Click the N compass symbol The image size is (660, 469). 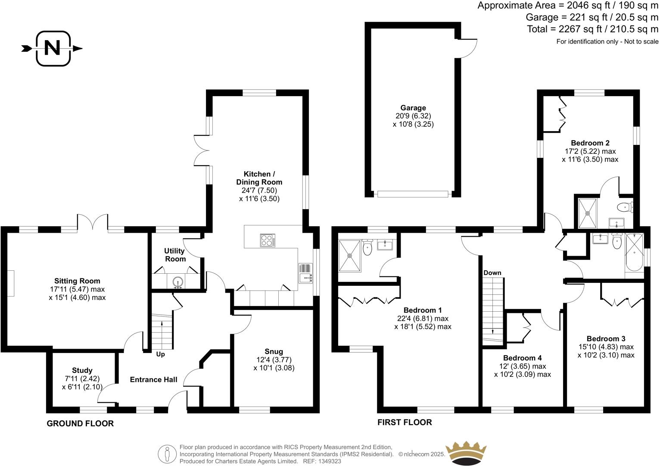click(x=53, y=48)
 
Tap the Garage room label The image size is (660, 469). click(x=413, y=108)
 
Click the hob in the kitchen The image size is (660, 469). click(x=268, y=240)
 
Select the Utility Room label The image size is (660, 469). click(x=174, y=255)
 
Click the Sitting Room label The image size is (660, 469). click(x=77, y=281)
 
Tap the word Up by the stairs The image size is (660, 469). click(x=160, y=354)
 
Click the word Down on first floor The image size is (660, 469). click(x=492, y=273)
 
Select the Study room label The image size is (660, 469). click(x=82, y=370)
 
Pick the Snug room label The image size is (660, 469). click(x=274, y=352)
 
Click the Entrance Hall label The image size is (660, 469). click(x=153, y=380)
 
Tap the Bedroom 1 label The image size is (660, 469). click(x=422, y=310)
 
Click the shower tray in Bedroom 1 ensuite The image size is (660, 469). click(x=349, y=256)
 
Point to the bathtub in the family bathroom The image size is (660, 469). click(x=634, y=252)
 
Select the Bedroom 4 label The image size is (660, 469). click(x=522, y=358)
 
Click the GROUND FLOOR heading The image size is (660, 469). click(x=80, y=424)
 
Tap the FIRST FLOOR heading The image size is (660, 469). click(x=404, y=422)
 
